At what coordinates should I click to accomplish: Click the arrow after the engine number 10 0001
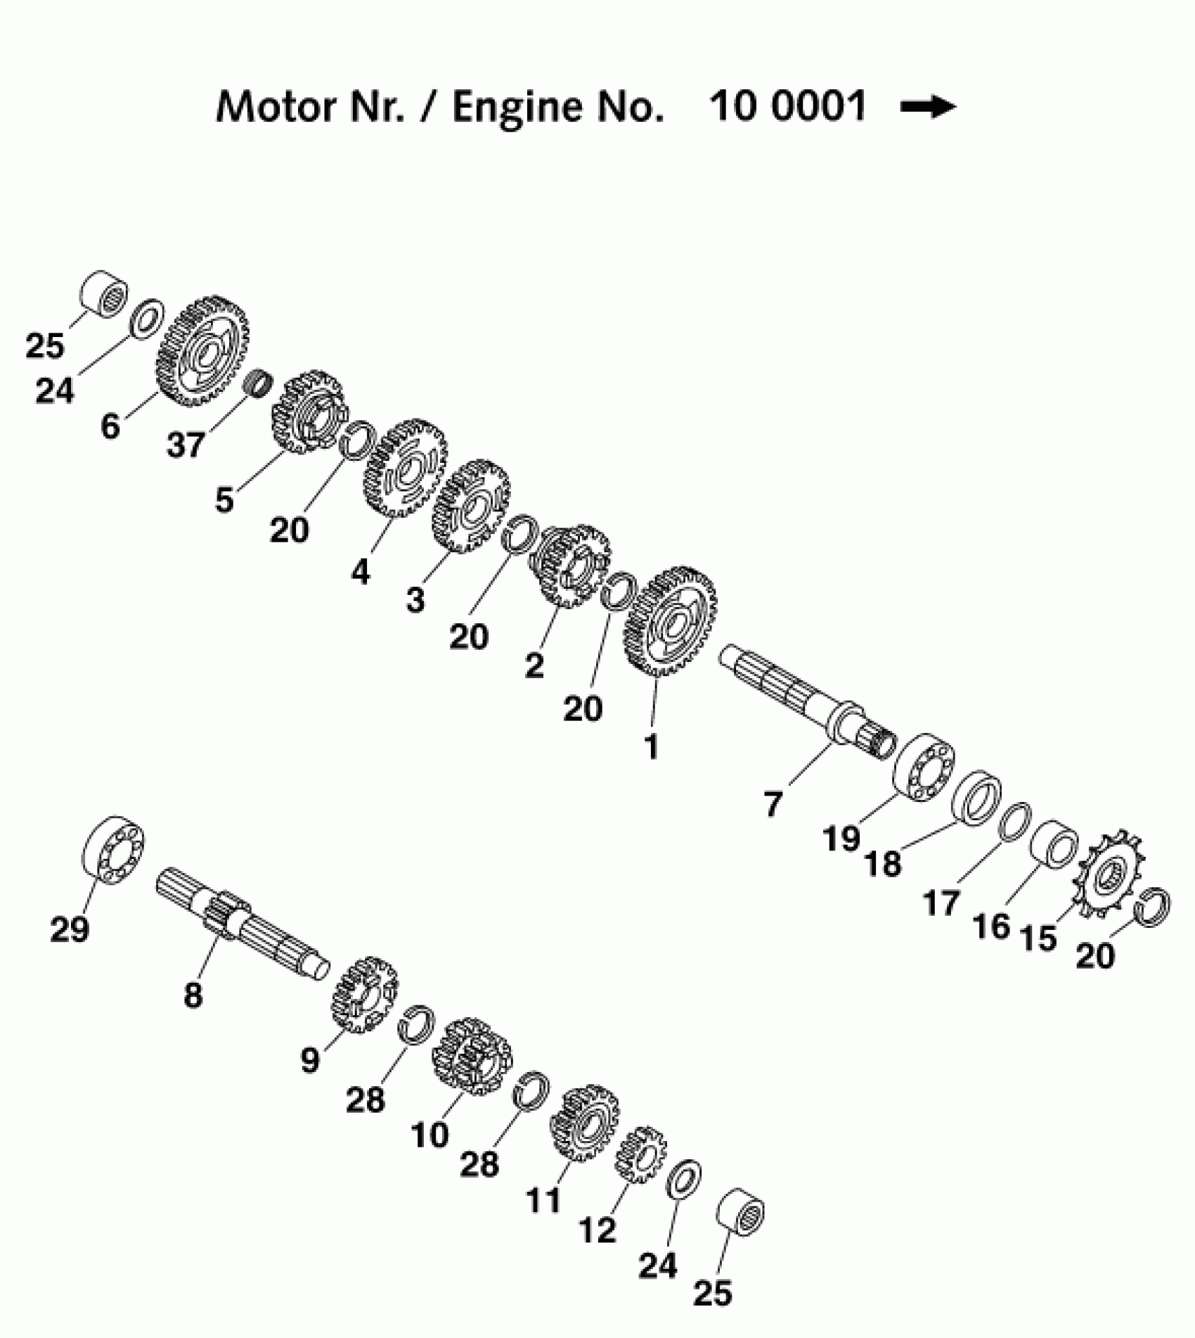pos(928,107)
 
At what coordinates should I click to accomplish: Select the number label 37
pos(186,445)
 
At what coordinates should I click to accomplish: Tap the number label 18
pos(884,863)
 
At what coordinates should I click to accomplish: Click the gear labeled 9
pos(364,995)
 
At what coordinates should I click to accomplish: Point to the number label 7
pos(773,804)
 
